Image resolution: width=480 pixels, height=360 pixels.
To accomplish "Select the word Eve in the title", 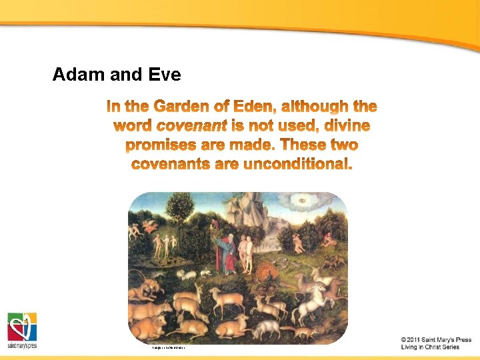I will pos(165,74).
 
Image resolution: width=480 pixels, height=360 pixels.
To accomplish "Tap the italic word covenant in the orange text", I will pos(191,125).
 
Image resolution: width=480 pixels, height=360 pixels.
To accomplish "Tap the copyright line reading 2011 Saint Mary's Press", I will pos(436,339).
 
